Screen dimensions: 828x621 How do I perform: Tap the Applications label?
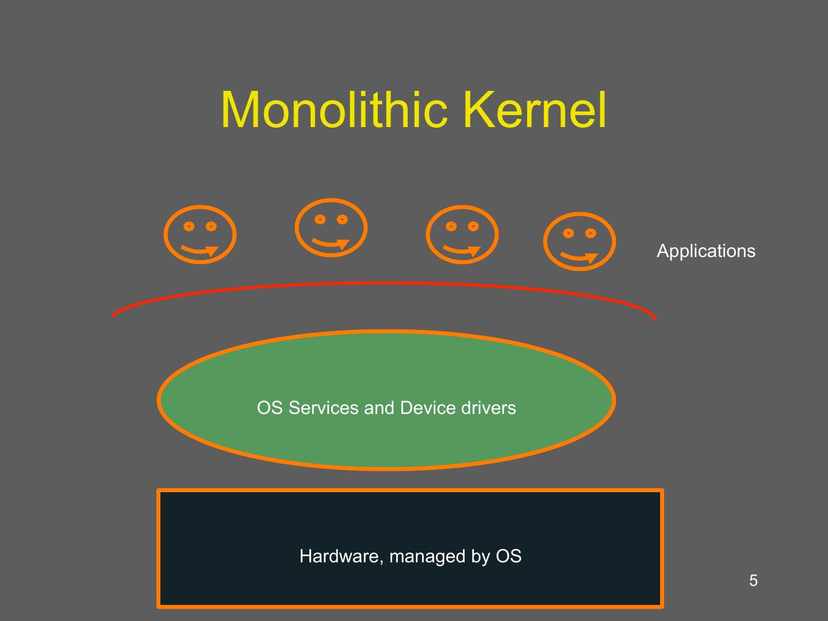(x=706, y=251)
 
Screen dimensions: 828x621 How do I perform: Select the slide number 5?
(x=753, y=581)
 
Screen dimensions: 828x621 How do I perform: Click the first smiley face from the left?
(x=200, y=235)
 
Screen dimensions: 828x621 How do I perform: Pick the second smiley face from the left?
(x=331, y=228)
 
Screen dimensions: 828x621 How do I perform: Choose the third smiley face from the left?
(x=462, y=235)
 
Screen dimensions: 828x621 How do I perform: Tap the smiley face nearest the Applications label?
(x=580, y=241)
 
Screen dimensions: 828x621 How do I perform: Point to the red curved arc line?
(x=384, y=283)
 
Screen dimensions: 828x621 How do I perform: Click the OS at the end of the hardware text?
(x=508, y=556)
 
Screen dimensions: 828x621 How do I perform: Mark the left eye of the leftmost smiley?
(x=189, y=227)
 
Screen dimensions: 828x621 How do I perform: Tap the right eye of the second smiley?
(x=343, y=220)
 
